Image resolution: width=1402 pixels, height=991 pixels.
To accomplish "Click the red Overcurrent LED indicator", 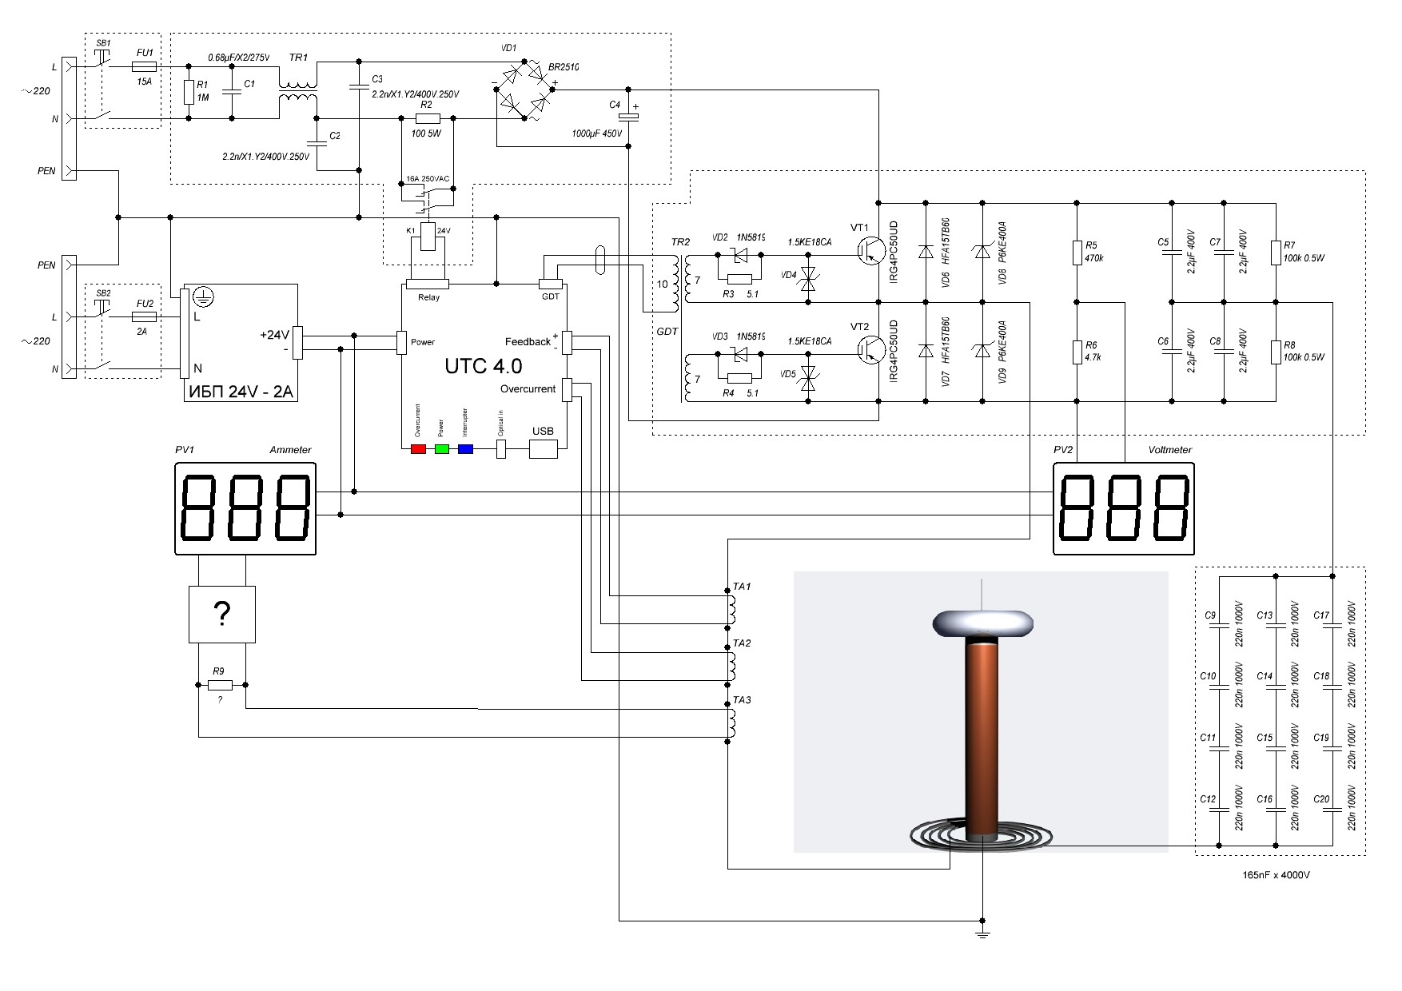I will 418,449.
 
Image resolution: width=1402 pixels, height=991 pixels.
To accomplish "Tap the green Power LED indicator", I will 442,449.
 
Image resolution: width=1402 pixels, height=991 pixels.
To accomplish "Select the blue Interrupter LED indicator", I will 465,449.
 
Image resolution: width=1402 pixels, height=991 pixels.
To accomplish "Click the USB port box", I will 543,449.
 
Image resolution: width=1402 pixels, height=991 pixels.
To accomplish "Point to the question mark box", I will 221,614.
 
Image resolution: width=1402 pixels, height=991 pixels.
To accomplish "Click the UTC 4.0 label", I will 483,366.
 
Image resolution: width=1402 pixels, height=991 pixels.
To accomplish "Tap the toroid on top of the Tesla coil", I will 982,624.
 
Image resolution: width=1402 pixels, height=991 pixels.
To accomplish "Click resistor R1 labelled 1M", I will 188,93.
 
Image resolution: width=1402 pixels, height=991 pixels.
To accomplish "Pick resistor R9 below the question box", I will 220,685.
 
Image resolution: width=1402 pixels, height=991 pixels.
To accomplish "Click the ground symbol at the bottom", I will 982,933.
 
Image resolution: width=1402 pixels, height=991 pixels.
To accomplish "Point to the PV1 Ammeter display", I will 245,510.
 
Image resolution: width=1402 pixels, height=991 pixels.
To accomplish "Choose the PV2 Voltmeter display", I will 1125,510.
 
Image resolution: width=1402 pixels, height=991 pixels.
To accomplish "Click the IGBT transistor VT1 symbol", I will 866,250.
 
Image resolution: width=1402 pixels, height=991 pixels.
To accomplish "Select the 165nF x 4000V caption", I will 1276,875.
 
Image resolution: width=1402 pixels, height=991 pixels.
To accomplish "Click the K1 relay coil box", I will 427,237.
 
